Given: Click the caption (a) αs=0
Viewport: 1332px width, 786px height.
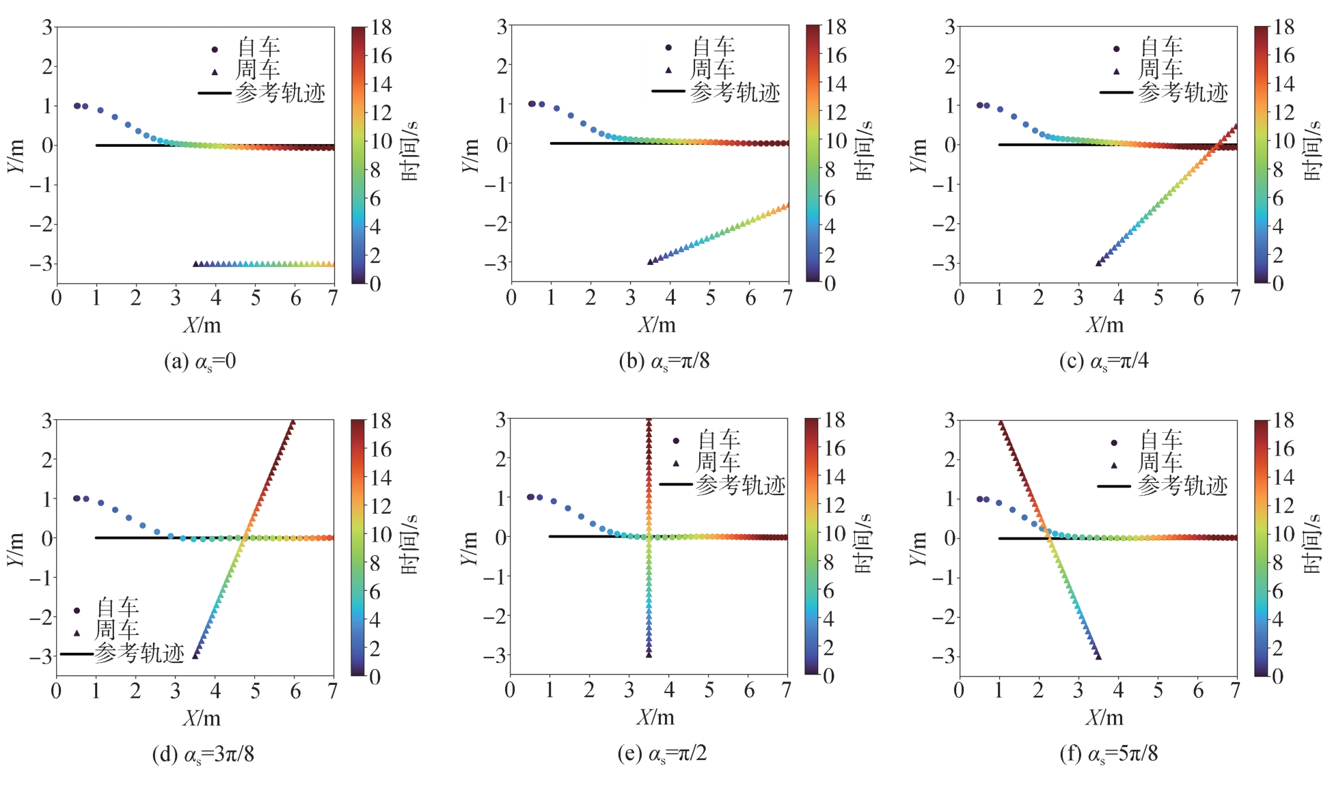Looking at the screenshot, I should point(200,361).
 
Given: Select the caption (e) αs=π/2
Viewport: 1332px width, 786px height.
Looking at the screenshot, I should point(662,754).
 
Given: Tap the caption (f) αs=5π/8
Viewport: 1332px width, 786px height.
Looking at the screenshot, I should point(1109,754).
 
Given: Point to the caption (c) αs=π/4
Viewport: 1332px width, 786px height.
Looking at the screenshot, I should point(1104,361).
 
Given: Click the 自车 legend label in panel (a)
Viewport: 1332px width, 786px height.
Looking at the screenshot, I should point(258,48).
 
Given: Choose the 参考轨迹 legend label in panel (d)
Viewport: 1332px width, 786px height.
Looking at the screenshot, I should point(139,654).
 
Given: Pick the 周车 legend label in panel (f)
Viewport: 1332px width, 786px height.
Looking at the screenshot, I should point(1160,463).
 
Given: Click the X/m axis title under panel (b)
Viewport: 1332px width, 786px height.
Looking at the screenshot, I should point(657,325).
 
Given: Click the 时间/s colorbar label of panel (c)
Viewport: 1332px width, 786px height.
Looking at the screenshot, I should point(1312,151).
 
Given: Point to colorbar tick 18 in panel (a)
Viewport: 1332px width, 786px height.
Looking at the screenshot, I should point(381,27).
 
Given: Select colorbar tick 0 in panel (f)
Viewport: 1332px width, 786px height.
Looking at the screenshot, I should point(1277,676).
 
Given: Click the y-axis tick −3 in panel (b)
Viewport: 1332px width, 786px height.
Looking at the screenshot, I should point(497,262).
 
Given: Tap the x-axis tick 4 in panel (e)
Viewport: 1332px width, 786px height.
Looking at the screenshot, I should point(669,690).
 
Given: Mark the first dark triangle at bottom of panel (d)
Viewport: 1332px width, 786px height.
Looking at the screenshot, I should point(195,656).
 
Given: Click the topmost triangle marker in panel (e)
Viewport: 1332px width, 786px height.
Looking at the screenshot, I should point(649,422).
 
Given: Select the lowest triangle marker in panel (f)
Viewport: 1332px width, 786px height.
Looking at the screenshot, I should point(1098,656).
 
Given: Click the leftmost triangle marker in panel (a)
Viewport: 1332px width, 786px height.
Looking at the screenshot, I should point(196,264).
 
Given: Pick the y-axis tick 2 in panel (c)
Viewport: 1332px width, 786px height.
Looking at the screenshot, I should point(949,66).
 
